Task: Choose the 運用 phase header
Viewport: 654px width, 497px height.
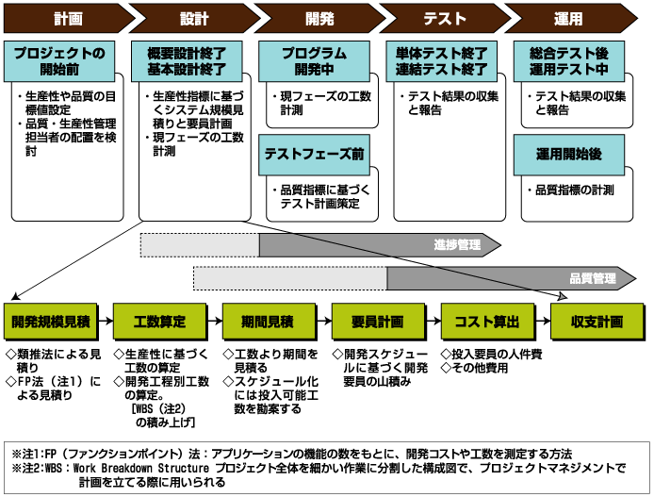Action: [x=569, y=18]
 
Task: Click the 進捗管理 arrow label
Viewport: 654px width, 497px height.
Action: [x=459, y=244]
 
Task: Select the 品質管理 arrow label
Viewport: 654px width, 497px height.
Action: [x=592, y=278]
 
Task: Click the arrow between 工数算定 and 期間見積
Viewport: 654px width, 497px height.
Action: [x=213, y=322]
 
